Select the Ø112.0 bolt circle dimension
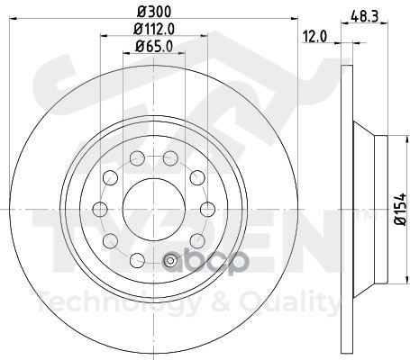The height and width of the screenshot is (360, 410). (150, 30)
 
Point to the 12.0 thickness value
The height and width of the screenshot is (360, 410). (314, 39)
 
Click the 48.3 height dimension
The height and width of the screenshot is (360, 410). (364, 15)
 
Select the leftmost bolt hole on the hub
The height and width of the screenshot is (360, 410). (99, 210)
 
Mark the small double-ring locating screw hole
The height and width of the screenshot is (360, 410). (169, 260)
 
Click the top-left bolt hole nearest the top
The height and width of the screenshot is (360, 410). (137, 159)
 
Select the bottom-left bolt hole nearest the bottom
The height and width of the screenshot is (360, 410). (137, 260)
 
